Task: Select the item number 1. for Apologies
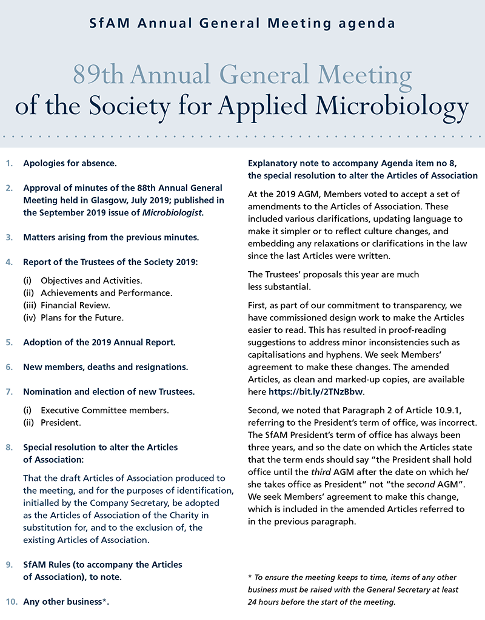pos(8,164)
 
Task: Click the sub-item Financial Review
pos(75,305)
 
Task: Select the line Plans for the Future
pos(82,317)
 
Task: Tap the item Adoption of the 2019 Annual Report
pos(99,342)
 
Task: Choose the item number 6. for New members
pos(8,367)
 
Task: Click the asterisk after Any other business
pos(105,601)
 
